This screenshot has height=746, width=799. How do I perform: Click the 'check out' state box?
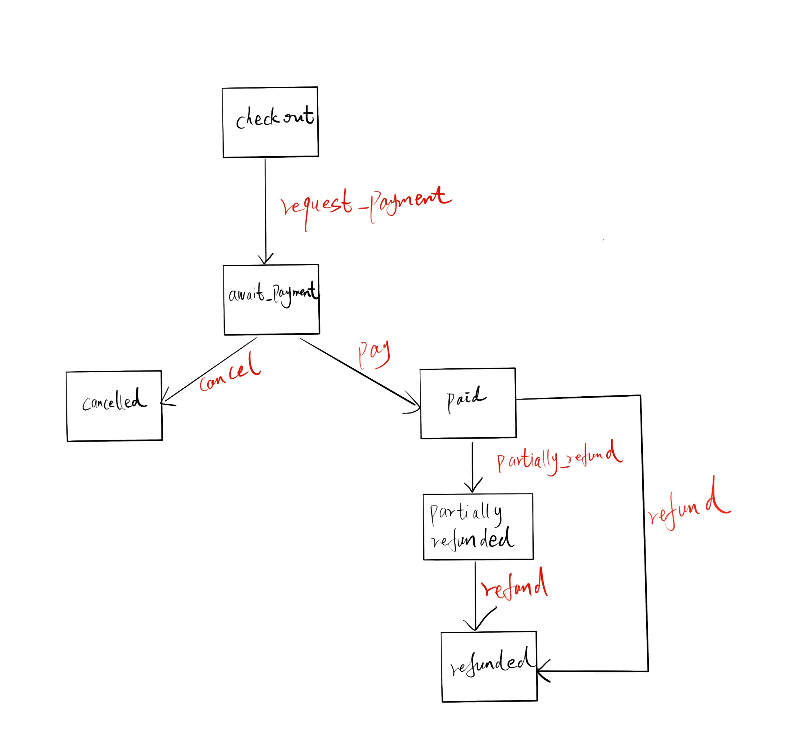pyautogui.click(x=271, y=122)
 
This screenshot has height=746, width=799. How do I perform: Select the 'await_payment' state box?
pyautogui.click(x=272, y=299)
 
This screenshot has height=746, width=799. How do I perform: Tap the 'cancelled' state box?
pyautogui.click(x=115, y=406)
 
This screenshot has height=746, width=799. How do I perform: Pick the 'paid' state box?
pyautogui.click(x=468, y=403)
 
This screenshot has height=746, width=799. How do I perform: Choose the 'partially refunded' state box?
pyautogui.click(x=478, y=527)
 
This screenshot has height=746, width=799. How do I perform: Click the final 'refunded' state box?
pyautogui.click(x=489, y=667)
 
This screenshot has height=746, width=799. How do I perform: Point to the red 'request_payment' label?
pyautogui.click(x=366, y=205)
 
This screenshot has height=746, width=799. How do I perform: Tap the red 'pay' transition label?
pyautogui.click(x=374, y=354)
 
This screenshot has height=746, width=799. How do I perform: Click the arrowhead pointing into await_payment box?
pyautogui.click(x=266, y=259)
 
